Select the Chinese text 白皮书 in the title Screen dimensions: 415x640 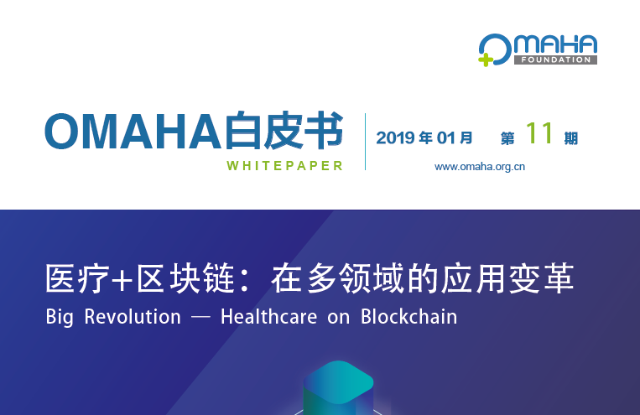click(284, 132)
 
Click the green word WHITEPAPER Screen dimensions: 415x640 click(284, 165)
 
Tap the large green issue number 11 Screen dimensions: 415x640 click(538, 134)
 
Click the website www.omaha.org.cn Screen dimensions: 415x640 click(479, 166)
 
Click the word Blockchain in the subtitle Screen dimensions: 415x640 click(409, 318)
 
